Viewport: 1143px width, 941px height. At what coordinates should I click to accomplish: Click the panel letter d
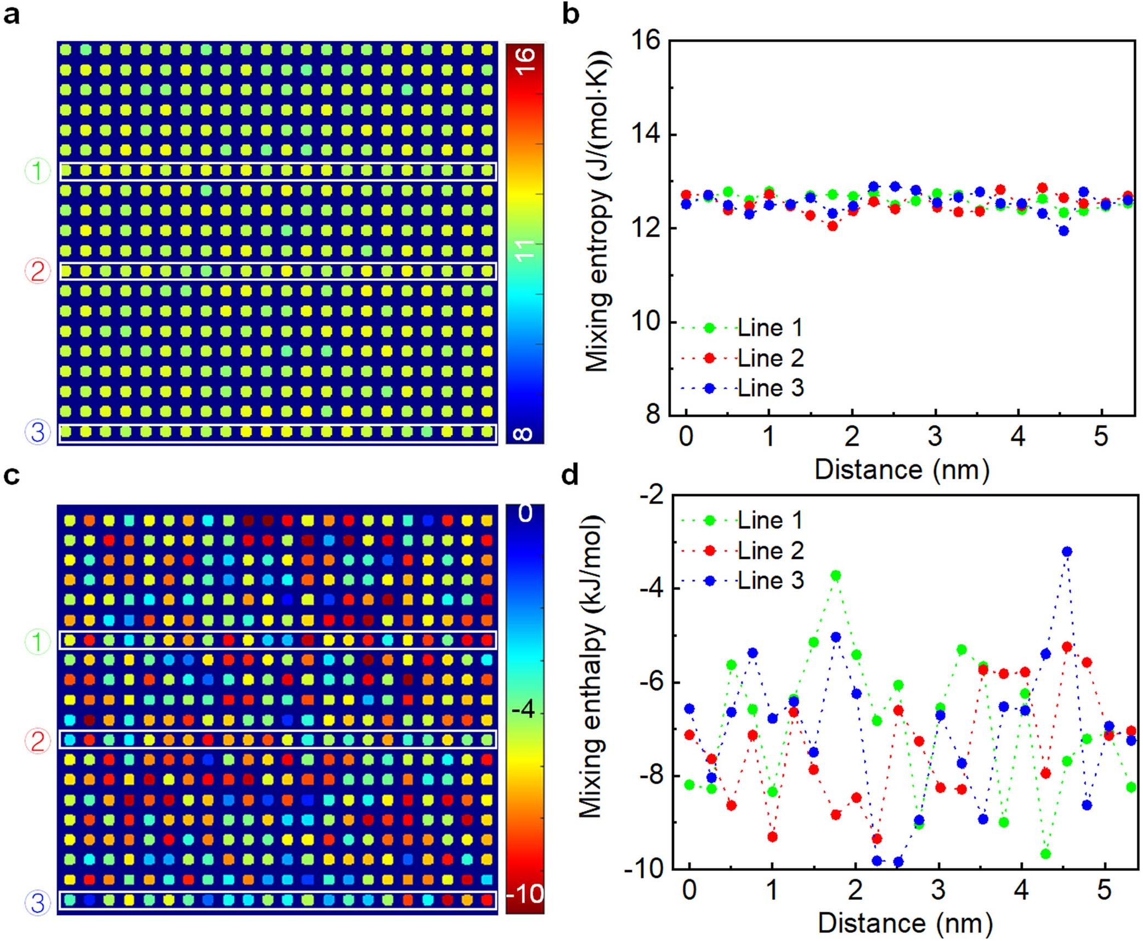click(x=570, y=475)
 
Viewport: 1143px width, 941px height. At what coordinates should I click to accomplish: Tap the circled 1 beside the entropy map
click(x=37, y=171)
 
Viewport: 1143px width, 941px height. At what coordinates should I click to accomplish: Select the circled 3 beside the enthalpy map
click(x=37, y=903)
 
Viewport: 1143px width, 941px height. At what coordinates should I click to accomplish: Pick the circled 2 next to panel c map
click(x=37, y=741)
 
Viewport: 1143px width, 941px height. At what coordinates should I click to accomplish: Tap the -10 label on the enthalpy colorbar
click(x=524, y=894)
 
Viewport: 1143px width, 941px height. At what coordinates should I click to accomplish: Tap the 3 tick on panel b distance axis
click(x=935, y=437)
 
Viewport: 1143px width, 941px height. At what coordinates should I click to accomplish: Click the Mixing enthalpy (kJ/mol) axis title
click(x=591, y=666)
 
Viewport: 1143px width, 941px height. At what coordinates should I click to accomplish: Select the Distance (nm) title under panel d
click(x=905, y=923)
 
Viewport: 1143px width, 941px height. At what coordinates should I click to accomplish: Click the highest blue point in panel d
click(x=1066, y=552)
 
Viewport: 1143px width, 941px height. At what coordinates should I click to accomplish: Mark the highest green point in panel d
click(x=835, y=575)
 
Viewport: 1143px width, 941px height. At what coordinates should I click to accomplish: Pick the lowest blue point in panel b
click(x=1063, y=231)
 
